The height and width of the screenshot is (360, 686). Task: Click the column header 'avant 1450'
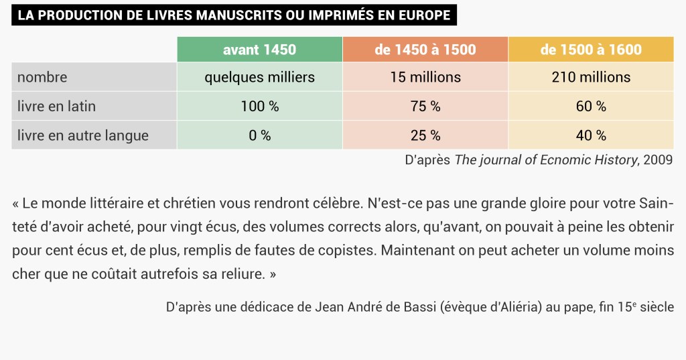(259, 50)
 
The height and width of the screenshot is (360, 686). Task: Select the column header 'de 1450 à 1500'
(425, 50)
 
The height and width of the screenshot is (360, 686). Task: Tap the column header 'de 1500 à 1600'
(591, 50)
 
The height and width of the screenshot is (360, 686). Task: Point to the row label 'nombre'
(42, 77)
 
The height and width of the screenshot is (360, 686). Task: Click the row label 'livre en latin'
(57, 106)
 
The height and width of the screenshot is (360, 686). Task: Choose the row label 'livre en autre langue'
(83, 135)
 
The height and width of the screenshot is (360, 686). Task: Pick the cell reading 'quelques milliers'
(259, 77)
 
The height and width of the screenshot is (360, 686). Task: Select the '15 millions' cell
(425, 77)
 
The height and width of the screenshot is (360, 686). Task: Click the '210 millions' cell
(591, 77)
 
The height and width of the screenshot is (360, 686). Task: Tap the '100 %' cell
(259, 106)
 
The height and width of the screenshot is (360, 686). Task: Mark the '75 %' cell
(425, 106)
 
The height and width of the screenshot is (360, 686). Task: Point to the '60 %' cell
(591, 106)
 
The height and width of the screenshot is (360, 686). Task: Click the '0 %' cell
(259, 135)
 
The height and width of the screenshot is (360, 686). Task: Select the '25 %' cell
(425, 135)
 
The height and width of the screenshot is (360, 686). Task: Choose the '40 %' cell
(591, 135)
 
